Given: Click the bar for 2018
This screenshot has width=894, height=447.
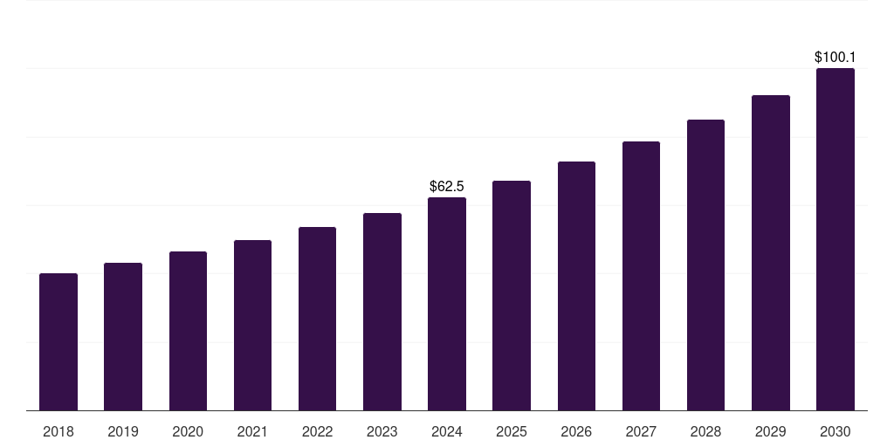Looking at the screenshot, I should click(x=58, y=342).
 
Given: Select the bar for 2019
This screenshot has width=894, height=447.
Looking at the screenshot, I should click(x=123, y=337).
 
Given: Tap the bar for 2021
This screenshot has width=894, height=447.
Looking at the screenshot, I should click(x=252, y=326).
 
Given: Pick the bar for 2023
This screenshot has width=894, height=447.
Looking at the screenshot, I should click(x=382, y=312).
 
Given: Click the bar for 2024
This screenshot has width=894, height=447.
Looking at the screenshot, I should click(x=447, y=304).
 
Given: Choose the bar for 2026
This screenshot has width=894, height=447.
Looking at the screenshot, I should click(x=576, y=286).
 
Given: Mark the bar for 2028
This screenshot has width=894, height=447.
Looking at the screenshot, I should click(x=705, y=265).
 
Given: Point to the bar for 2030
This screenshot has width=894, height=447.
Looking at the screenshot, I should click(x=835, y=239).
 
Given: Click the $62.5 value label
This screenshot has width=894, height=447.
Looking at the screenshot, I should click(x=447, y=186).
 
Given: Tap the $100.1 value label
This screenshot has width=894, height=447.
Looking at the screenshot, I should click(x=835, y=57).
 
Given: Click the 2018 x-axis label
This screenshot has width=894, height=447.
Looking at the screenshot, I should click(x=58, y=431).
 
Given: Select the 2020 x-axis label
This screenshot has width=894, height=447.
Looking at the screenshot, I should click(x=188, y=431).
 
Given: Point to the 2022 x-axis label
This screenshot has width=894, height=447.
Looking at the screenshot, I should click(x=317, y=431).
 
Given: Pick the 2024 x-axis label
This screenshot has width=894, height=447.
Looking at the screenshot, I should click(x=447, y=431).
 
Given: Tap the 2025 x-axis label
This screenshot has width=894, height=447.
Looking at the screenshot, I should click(x=512, y=431).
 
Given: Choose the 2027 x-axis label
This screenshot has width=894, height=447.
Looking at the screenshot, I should click(x=641, y=431).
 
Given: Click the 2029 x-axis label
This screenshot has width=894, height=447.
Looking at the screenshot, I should click(x=770, y=431).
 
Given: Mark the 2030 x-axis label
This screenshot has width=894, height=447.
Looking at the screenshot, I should click(x=835, y=431).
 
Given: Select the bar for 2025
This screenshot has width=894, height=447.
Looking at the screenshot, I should click(x=512, y=296).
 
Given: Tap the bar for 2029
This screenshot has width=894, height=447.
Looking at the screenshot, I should click(x=770, y=253).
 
